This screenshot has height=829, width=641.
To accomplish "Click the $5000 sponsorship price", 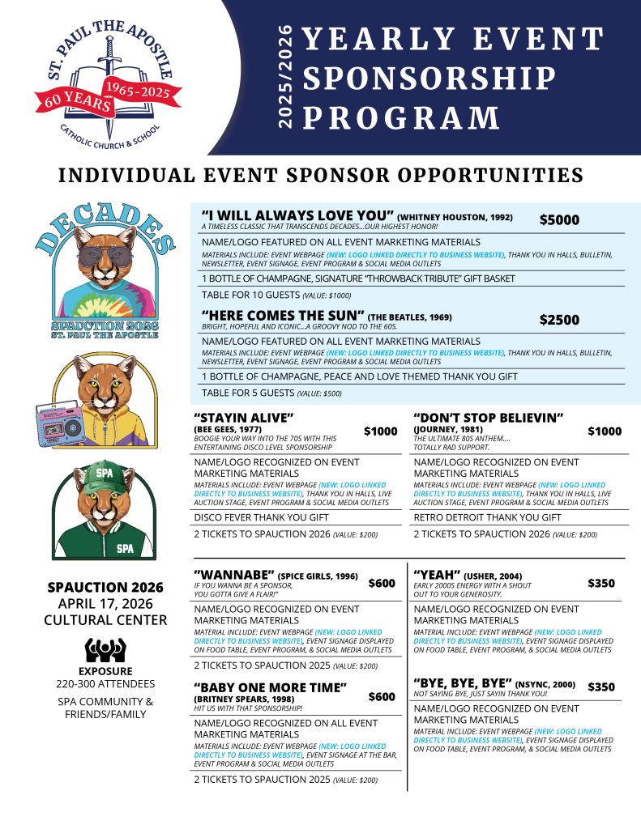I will click(x=559, y=220).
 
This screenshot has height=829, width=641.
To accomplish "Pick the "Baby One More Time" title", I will click(x=271, y=687).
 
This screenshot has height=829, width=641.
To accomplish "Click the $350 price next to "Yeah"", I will click(x=600, y=583).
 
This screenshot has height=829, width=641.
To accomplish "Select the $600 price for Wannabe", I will click(x=382, y=583).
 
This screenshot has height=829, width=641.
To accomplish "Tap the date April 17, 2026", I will click(x=105, y=604).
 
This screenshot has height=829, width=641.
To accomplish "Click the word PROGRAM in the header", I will click(x=403, y=117).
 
